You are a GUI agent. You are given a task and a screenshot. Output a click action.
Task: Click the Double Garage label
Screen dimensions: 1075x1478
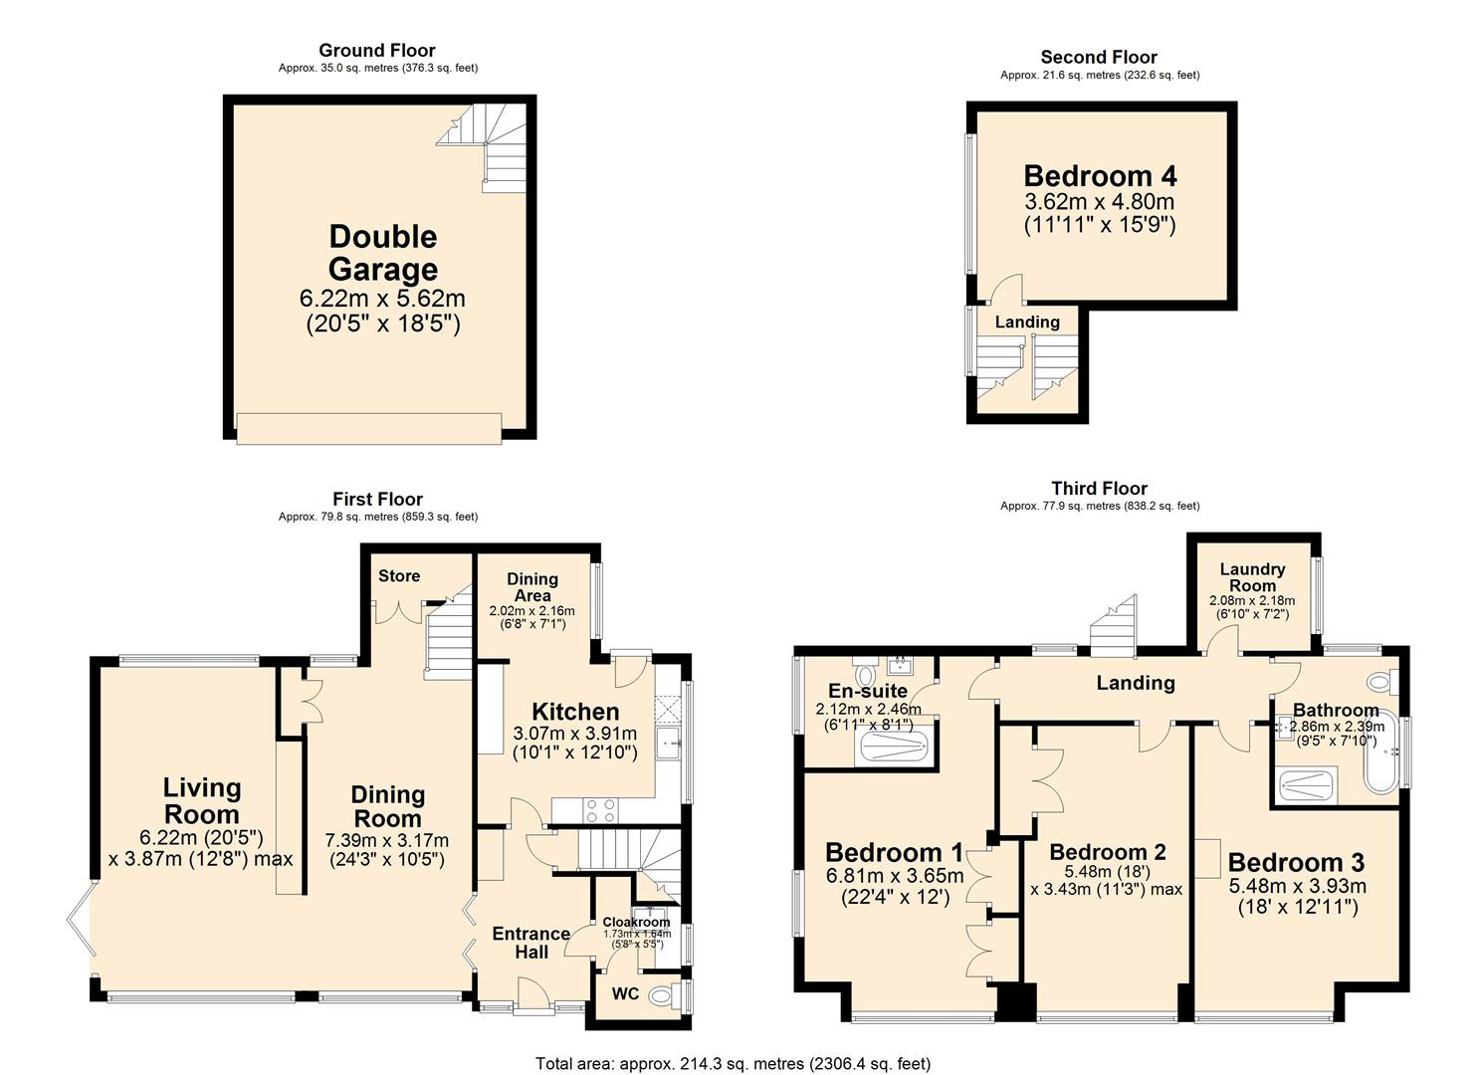click(x=383, y=253)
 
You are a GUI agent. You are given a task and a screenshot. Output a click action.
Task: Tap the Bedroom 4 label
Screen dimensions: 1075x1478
click(x=1100, y=176)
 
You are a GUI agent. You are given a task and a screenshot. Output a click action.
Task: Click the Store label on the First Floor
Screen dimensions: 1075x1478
click(x=399, y=576)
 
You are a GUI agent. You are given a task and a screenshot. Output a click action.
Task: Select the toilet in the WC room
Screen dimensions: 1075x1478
click(x=664, y=994)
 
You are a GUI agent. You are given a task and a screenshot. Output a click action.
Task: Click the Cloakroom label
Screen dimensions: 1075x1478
click(x=636, y=923)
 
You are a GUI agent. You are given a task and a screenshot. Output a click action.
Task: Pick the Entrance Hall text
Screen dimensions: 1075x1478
click(x=531, y=943)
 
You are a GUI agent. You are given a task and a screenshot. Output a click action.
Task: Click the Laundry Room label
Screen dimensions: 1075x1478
click(x=1252, y=577)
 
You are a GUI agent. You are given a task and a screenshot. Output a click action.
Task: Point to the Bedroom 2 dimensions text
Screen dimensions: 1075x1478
click(x=1107, y=880)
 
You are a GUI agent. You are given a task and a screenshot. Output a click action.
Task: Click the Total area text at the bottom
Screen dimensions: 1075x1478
click(x=734, y=1064)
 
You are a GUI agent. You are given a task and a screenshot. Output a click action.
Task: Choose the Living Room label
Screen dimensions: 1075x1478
click(x=202, y=800)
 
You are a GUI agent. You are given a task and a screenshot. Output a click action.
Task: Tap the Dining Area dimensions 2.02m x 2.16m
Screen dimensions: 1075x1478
click(x=531, y=611)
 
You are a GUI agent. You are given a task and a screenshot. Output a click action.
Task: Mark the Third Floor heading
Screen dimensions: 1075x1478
click(x=1099, y=488)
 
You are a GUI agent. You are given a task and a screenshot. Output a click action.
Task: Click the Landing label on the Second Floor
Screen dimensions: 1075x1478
click(x=1027, y=322)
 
